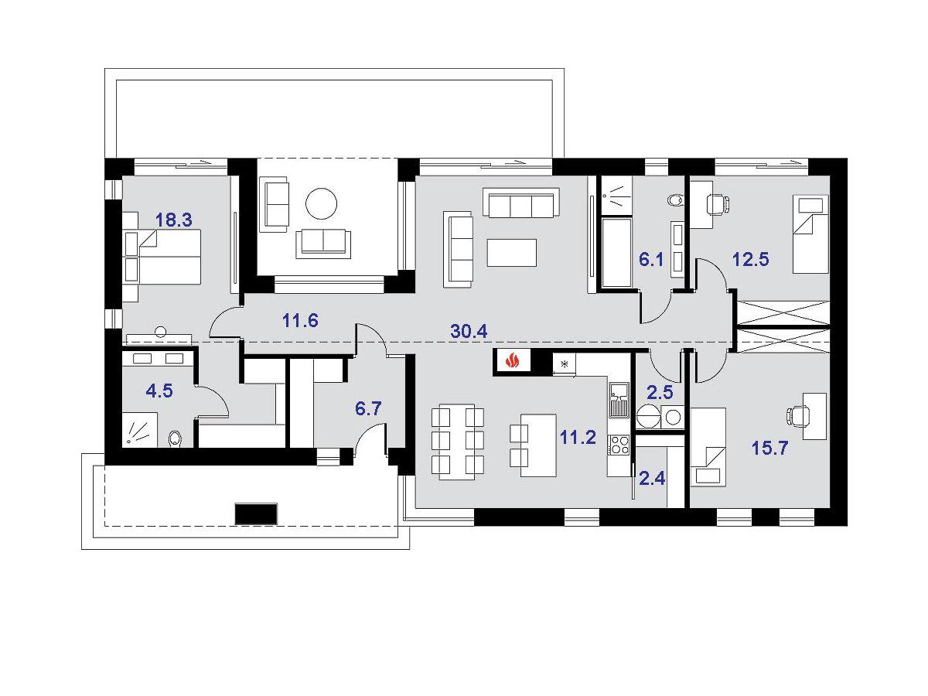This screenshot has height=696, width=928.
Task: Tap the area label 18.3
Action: pos(174,220)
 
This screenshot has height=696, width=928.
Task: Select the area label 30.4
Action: pos(469,331)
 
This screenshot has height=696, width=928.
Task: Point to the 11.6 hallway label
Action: pos(300,321)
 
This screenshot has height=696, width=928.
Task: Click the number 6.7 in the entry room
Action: pos(368,408)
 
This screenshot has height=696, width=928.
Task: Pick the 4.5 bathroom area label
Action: pos(159,391)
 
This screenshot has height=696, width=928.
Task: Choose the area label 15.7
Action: pos(770,448)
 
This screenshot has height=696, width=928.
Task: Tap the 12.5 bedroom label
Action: pos(751,259)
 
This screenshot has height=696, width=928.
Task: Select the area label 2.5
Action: pos(660,392)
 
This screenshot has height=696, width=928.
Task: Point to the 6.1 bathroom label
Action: pos(651,260)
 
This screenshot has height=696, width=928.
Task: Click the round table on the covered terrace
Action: pos(321,203)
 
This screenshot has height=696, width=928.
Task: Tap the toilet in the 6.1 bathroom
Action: pos(676,200)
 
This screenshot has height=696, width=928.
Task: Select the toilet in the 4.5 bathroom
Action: pos(174,438)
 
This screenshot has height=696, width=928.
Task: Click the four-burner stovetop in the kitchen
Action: pos(619,445)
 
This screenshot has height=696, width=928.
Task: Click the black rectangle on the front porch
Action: pos(256,513)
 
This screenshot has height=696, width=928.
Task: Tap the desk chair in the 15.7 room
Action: pos(796,415)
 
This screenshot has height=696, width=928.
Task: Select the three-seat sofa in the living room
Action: pos(521,203)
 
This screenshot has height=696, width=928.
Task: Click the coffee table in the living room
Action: pos(512,253)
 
